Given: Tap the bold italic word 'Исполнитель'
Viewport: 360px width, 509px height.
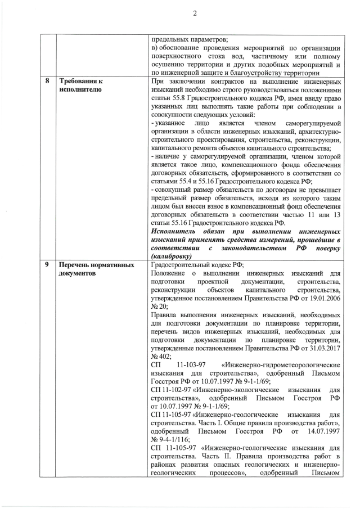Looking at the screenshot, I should pyautogui.click(x=176, y=231).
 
